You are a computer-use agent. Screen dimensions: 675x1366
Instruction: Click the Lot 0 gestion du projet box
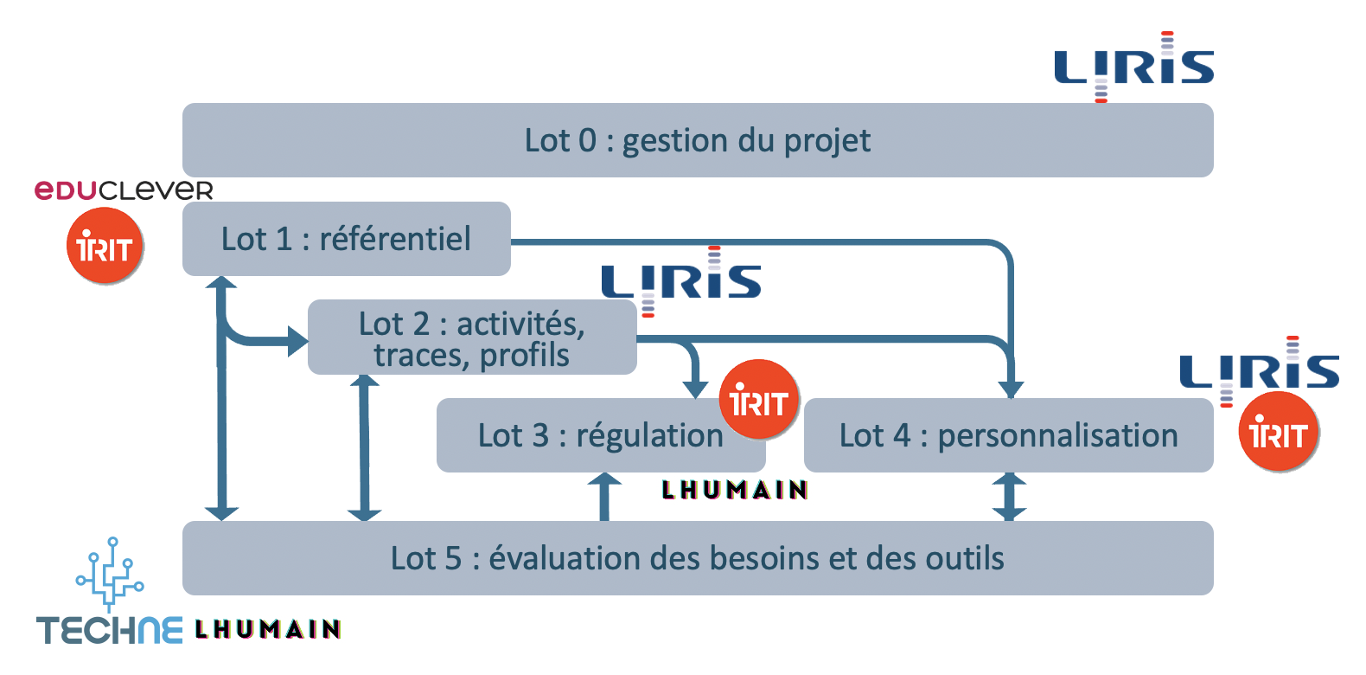point(698,140)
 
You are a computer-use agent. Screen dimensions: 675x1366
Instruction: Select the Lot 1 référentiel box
point(346,239)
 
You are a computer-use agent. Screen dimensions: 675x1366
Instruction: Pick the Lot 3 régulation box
point(588,435)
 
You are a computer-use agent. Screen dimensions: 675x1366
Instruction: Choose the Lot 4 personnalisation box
point(1008,435)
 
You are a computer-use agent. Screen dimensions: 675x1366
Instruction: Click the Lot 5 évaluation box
point(698,558)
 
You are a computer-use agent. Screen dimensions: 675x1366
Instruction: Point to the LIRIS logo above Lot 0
point(1133,67)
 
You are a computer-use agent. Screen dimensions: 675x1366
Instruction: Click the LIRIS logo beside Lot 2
point(681,281)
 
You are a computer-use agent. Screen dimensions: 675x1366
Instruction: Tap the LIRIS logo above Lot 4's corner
point(1259,370)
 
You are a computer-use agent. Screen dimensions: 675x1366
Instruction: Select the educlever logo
point(124,190)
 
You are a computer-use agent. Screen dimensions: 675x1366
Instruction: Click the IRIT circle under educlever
point(105,247)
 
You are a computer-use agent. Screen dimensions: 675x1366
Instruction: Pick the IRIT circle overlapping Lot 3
point(758,400)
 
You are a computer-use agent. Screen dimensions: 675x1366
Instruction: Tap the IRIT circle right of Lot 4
point(1278,432)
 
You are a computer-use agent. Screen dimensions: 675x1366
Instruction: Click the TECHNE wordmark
point(110,629)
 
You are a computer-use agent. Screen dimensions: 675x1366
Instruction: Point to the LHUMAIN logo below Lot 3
point(735,491)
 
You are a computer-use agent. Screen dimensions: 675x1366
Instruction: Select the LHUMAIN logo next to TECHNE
point(268,629)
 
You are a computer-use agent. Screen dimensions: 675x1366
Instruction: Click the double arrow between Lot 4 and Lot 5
point(1009,497)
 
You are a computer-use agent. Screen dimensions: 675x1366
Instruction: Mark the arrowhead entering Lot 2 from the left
point(297,341)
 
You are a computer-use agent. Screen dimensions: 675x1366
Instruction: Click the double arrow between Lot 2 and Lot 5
point(364,447)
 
